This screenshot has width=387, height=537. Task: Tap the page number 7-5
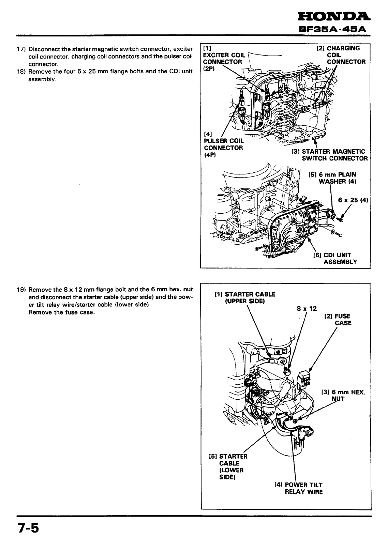click(25, 528)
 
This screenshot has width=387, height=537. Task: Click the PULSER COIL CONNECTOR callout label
click(223, 144)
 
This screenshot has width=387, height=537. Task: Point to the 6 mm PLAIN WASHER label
click(334, 178)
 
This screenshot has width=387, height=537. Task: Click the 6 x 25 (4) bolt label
click(353, 200)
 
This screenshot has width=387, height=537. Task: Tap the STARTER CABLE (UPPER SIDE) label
click(245, 298)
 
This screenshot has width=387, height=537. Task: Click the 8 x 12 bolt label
click(307, 309)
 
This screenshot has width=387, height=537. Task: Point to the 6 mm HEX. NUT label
click(343, 396)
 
